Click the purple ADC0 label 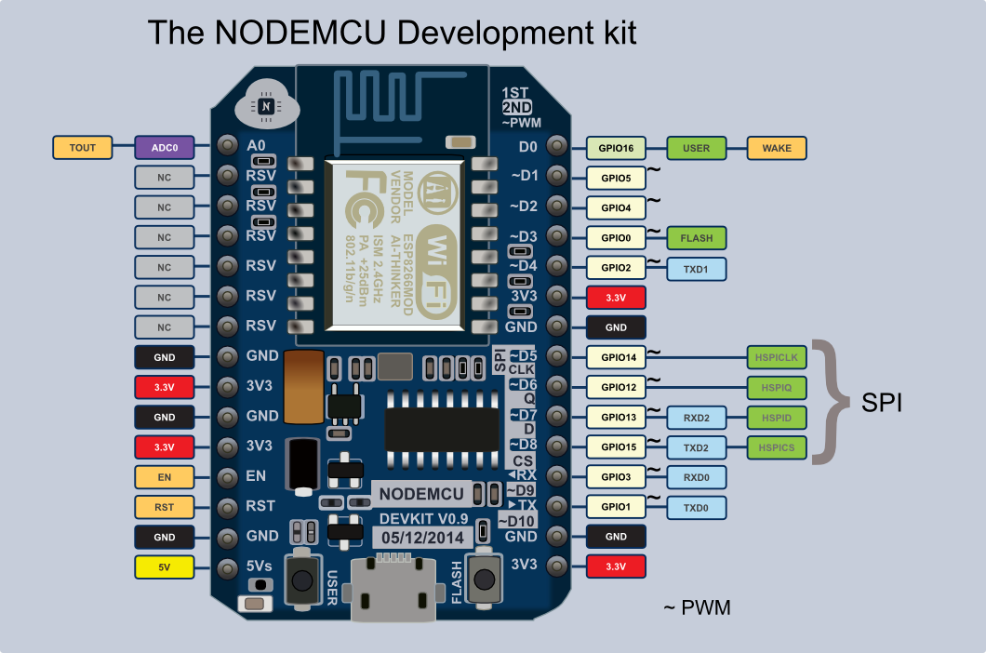point(165,147)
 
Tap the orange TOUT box point(83,147)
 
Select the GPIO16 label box point(616,148)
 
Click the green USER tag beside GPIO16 point(696,148)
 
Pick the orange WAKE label point(777,148)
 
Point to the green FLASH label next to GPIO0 point(696,238)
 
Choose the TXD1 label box point(696,268)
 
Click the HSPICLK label point(777,357)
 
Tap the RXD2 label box point(696,418)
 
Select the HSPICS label point(777,447)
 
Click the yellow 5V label point(165,566)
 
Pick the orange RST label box point(165,507)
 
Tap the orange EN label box point(165,477)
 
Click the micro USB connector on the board point(390,590)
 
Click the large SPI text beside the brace point(881,404)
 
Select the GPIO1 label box point(616,508)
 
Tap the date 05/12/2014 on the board point(421,538)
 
